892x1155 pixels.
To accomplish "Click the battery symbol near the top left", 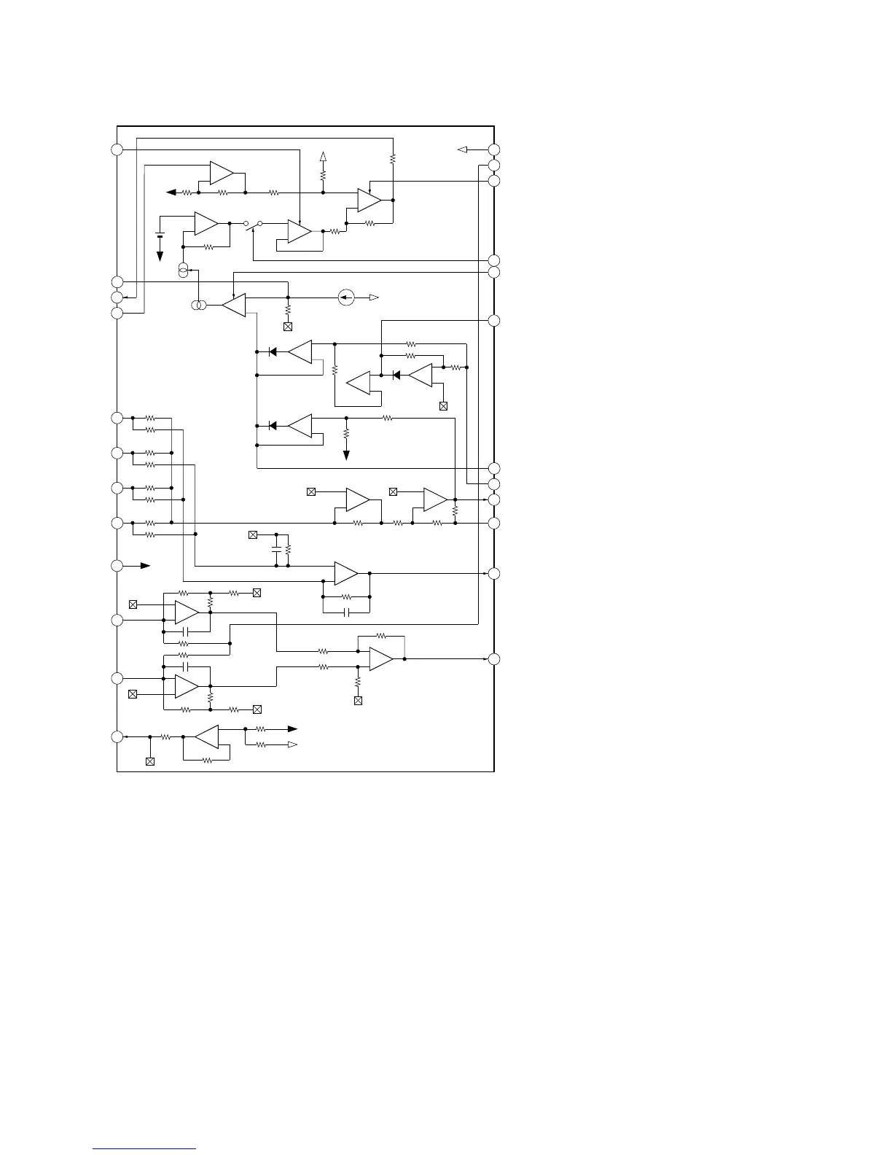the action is coord(160,235).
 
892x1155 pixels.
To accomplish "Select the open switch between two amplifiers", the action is coord(252,226).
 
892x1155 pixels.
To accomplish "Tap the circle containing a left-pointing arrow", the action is coord(347,297).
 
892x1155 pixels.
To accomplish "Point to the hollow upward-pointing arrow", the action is coord(323,157).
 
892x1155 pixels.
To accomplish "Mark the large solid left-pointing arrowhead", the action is coord(171,192).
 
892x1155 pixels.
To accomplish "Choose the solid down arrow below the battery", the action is coord(160,257).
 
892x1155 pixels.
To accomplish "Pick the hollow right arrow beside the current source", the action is coord(374,297).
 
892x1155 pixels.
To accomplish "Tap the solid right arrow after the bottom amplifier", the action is coord(292,728).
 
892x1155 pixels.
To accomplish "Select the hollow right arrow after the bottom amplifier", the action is coord(292,744).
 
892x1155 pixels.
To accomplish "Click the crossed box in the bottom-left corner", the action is coord(150,761).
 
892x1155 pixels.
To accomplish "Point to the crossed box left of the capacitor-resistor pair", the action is coord(253,535).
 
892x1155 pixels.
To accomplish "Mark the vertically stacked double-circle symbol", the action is coord(183,271).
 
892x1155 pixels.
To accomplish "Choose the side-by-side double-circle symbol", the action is coord(198,306).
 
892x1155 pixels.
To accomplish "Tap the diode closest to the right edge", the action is coord(396,376).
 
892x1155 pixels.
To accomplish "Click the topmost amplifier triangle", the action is coord(222,173).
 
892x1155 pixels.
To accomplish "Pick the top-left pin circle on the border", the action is coord(117,149).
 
